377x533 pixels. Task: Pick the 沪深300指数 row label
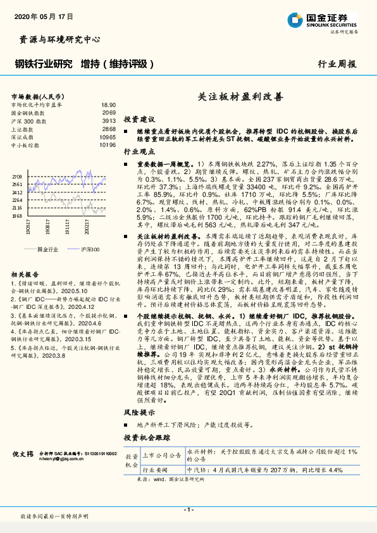click(28, 120)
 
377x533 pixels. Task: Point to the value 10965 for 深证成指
click(108, 137)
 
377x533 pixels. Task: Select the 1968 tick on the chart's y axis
click(17, 215)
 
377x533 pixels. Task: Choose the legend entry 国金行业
click(46, 249)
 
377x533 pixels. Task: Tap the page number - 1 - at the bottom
click(188, 509)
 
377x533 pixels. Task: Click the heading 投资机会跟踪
click(147, 437)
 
